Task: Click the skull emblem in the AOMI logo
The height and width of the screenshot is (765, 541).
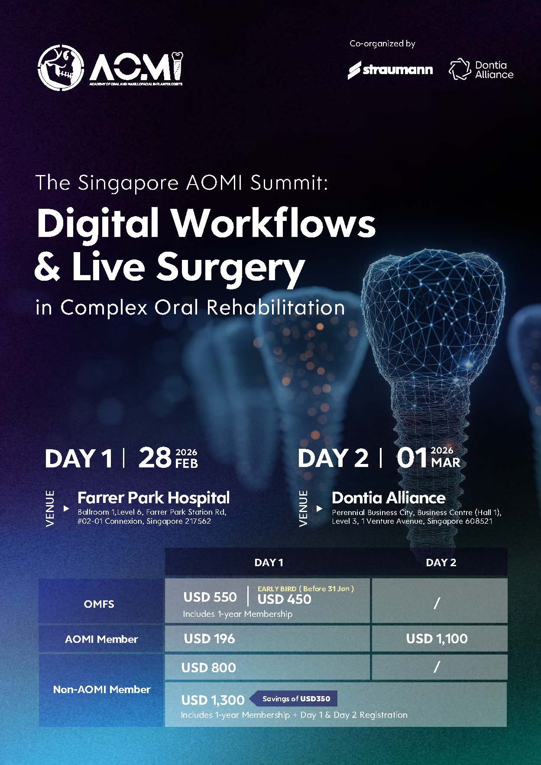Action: (x=60, y=68)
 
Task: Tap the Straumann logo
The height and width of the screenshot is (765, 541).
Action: (x=390, y=70)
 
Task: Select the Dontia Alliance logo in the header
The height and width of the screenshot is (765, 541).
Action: (x=481, y=70)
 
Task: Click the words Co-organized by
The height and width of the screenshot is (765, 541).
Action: (x=382, y=44)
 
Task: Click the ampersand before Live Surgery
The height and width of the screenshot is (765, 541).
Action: (x=48, y=267)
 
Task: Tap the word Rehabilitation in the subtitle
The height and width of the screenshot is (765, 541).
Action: (x=275, y=307)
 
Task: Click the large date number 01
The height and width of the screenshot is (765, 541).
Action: (x=412, y=458)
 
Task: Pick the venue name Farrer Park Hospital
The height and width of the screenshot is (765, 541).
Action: (x=153, y=498)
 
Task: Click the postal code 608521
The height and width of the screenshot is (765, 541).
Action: (x=479, y=521)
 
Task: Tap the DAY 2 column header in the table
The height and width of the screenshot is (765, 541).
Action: (x=441, y=562)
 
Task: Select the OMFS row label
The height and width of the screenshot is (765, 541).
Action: (x=99, y=604)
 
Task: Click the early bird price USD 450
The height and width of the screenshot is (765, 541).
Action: (x=284, y=599)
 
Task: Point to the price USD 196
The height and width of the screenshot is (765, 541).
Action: (x=209, y=639)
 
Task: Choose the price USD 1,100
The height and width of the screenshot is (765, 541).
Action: (x=437, y=639)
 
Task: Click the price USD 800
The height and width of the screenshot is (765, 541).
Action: (x=208, y=668)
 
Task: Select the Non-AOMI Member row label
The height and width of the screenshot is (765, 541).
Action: (x=102, y=689)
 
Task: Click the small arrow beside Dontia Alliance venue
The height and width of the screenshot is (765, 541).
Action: (x=319, y=509)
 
